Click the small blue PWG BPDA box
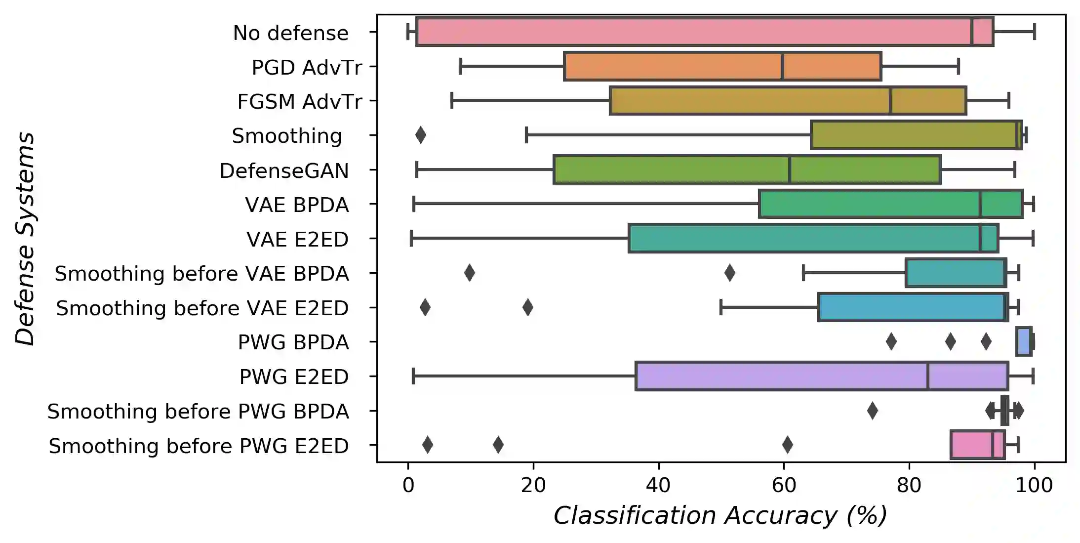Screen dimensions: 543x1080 (1023, 341)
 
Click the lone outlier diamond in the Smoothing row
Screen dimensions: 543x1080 (420, 135)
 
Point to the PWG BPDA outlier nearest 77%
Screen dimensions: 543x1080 (891, 341)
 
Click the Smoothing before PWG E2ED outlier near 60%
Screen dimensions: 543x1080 (787, 445)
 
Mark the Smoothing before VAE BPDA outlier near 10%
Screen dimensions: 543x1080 (470, 273)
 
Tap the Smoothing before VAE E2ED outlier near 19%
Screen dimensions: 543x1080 (527, 307)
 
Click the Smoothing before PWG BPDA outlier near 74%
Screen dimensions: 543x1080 (872, 411)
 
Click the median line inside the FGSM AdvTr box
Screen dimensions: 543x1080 (890, 101)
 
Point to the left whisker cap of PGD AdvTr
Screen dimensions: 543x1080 (461, 66)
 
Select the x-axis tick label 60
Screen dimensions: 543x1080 (784, 485)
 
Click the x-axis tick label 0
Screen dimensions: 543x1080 (408, 485)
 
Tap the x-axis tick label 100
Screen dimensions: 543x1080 (1034, 485)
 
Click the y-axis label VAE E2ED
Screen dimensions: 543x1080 (297, 239)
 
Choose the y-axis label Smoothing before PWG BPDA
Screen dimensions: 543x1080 (198, 411)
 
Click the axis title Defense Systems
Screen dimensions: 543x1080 (25, 239)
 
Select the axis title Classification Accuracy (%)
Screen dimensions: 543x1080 (720, 516)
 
